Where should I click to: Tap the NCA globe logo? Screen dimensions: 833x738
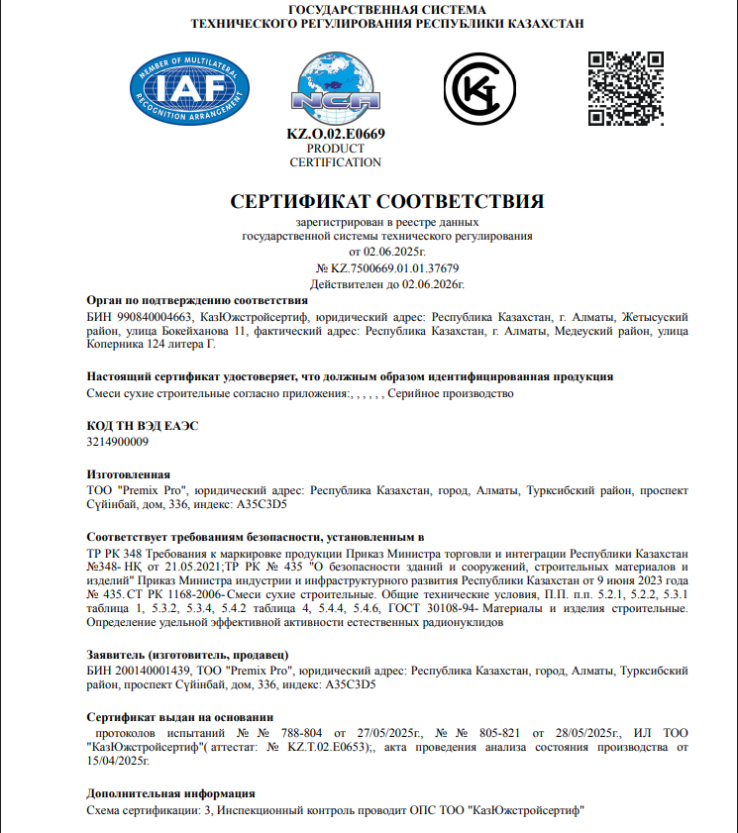(x=335, y=84)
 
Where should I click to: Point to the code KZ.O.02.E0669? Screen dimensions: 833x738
(x=335, y=134)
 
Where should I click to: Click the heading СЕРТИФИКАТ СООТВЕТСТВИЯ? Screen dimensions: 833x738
(x=387, y=201)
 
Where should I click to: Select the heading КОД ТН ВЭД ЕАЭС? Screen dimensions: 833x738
(x=143, y=425)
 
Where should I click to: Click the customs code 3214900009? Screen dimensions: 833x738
(x=119, y=442)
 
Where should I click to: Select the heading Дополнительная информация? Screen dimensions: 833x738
(x=170, y=793)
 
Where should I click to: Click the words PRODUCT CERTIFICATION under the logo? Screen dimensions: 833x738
(x=335, y=156)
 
